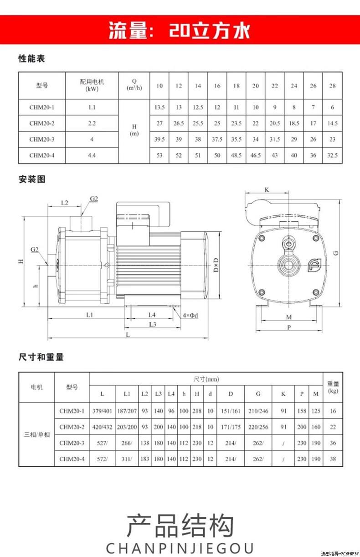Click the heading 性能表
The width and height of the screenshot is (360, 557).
(x=31, y=59)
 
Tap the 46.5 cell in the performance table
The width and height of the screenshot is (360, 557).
(x=255, y=155)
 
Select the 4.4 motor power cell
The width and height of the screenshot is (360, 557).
(x=92, y=155)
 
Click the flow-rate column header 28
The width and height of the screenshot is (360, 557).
(x=332, y=86)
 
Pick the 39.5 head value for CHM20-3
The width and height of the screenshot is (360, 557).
(x=159, y=139)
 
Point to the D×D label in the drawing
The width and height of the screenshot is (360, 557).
(x=216, y=264)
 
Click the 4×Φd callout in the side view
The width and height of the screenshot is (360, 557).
(x=190, y=315)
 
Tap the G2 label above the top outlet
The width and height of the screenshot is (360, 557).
(x=94, y=199)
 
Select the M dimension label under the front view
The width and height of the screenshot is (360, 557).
(x=289, y=317)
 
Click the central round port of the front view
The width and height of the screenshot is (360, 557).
(x=288, y=264)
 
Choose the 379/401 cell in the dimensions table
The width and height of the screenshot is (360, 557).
(x=102, y=411)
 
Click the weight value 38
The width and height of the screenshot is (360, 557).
(x=333, y=459)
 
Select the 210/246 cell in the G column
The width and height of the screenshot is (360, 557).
(x=258, y=411)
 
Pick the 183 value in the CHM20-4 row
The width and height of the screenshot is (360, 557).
(x=145, y=459)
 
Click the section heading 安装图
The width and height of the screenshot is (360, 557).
(x=31, y=179)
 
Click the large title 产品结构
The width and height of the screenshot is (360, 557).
(x=180, y=524)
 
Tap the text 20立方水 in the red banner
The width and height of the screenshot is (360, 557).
(x=210, y=31)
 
